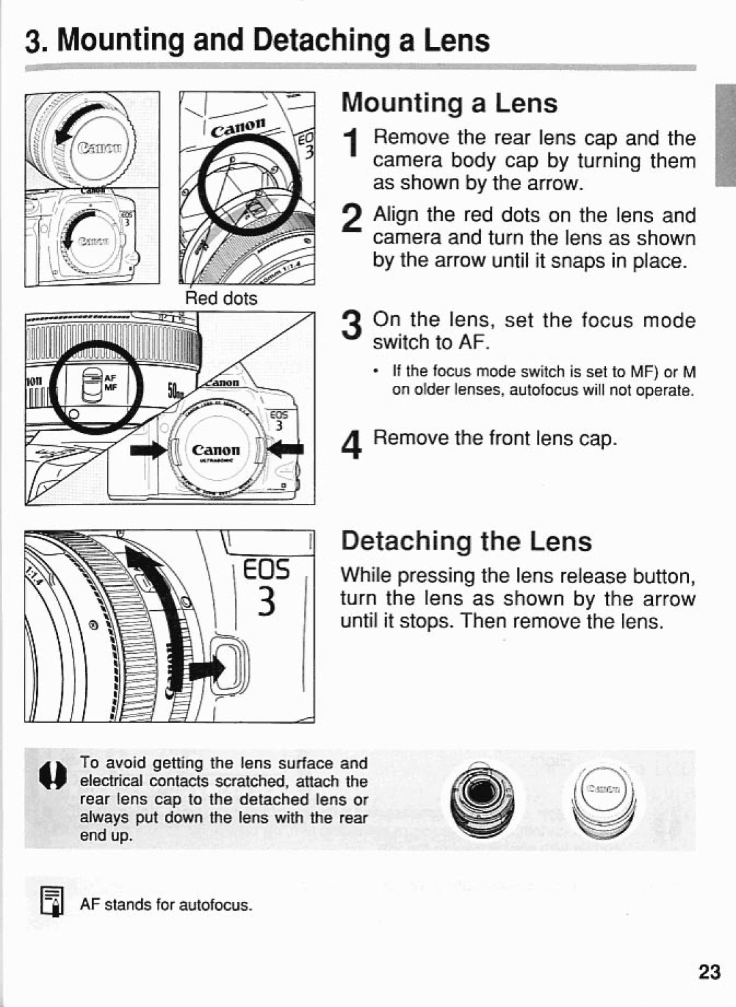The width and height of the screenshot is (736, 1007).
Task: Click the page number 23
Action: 709,971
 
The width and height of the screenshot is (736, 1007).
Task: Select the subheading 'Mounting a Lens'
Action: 449,103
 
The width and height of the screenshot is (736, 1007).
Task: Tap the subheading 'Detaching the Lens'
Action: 466,541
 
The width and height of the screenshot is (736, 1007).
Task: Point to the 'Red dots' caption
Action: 222,299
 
